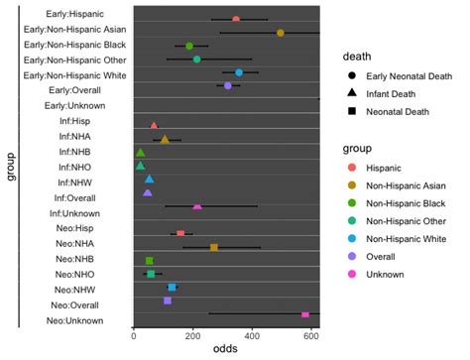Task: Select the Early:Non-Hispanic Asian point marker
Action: tap(281, 33)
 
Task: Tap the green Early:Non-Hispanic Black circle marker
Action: tap(189, 46)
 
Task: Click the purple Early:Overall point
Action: tap(228, 86)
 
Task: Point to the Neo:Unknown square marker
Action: tap(305, 313)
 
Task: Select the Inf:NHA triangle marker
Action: tap(165, 140)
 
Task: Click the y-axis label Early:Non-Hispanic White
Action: tap(74, 72)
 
